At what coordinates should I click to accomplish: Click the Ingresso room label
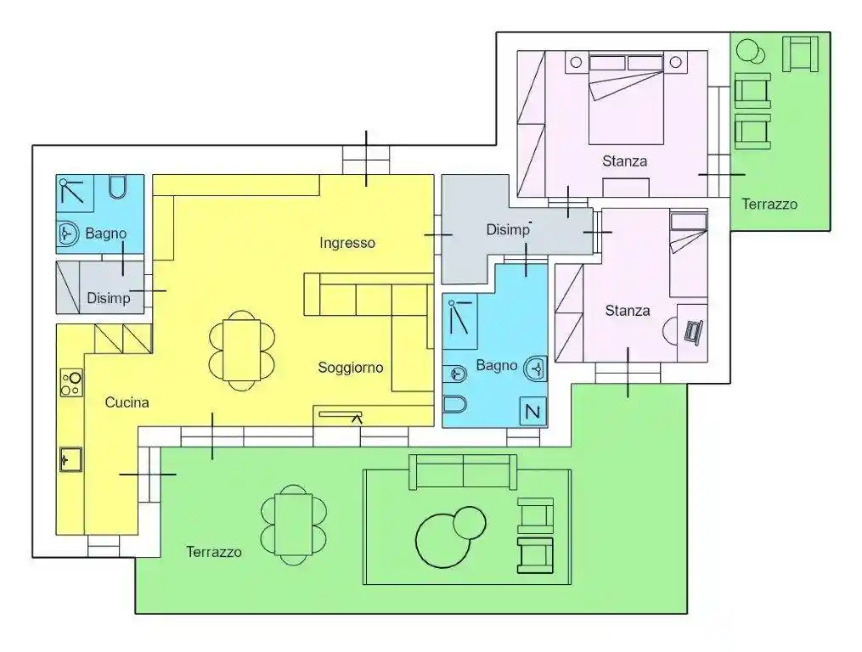347,243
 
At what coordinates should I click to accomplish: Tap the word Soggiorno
351,368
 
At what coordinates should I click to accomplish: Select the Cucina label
127,402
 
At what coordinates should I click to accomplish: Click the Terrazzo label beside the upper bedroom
769,204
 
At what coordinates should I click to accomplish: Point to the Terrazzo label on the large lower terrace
214,552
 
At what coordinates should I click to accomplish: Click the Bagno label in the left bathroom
106,233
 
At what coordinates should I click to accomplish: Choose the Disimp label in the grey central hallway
508,230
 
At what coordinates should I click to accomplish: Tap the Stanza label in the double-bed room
624,160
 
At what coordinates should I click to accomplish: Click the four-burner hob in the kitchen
70,383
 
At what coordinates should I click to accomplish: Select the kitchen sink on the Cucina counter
70,460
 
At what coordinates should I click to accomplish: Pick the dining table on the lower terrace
294,524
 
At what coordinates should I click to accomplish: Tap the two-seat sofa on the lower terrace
463,471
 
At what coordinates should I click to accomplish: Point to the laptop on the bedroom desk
694,331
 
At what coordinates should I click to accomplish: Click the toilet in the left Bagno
118,186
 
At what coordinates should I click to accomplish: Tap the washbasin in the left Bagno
69,231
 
